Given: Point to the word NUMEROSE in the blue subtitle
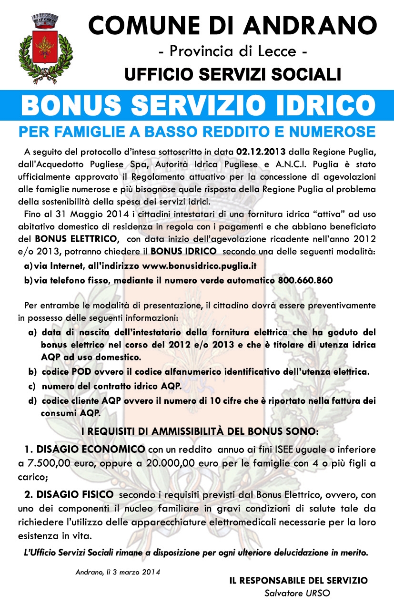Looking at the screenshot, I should coord(327,131).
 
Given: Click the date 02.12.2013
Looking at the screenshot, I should coord(261,152).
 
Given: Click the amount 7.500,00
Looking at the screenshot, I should coord(48,463).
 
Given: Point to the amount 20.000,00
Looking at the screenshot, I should coord(163,463).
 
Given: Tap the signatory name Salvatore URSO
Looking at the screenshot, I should coord(298,594).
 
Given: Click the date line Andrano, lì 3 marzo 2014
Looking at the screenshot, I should coord(117,572).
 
